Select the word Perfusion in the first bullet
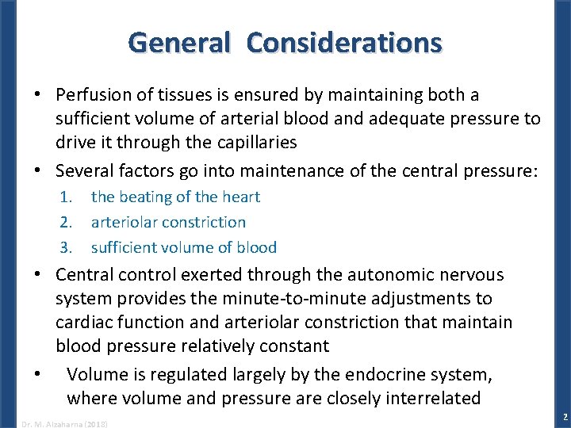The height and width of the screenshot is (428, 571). pyautogui.click(x=90, y=95)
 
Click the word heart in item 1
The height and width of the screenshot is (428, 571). pyautogui.click(x=241, y=197)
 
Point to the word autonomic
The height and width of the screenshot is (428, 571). pyautogui.click(x=389, y=275)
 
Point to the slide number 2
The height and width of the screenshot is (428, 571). pyautogui.click(x=563, y=417)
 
